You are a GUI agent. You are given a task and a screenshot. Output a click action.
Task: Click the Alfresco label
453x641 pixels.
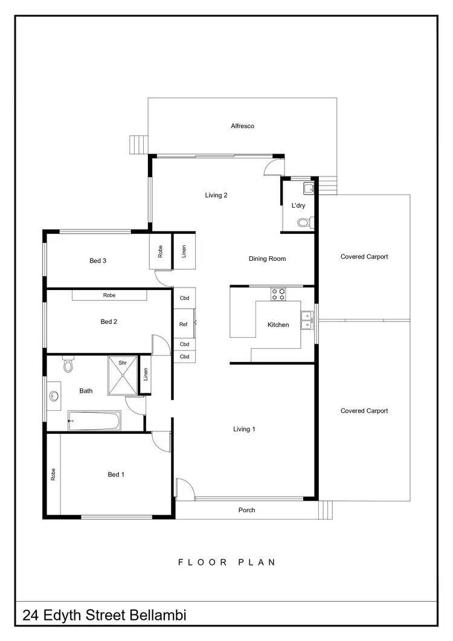(242, 126)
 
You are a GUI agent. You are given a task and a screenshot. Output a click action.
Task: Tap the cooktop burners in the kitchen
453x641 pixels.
(278, 294)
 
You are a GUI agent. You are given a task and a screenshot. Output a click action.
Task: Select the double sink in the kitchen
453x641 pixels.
(307, 320)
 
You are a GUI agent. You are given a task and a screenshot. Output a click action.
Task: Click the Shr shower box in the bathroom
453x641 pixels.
(123, 376)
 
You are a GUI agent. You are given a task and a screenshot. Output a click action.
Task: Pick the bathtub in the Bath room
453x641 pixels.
(94, 420)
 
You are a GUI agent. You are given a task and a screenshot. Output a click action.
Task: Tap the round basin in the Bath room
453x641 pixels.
(54, 396)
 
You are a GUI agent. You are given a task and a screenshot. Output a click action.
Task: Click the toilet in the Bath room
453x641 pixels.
(68, 365)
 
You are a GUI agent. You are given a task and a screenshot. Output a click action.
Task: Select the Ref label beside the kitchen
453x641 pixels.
(184, 325)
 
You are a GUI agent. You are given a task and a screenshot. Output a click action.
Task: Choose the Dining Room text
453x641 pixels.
(267, 259)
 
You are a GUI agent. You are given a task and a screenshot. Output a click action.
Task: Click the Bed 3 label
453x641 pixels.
(98, 261)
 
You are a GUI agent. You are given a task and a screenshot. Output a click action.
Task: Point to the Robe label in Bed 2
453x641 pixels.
(109, 295)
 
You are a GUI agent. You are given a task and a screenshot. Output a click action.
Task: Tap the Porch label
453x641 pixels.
(246, 511)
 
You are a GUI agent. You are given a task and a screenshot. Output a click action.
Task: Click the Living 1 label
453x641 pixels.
(245, 429)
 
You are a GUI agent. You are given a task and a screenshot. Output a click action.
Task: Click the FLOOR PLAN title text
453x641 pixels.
(227, 562)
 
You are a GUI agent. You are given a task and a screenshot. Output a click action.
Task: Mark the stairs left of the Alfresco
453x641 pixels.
(138, 145)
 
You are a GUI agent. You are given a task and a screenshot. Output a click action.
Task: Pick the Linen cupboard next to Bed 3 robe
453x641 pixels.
(184, 251)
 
